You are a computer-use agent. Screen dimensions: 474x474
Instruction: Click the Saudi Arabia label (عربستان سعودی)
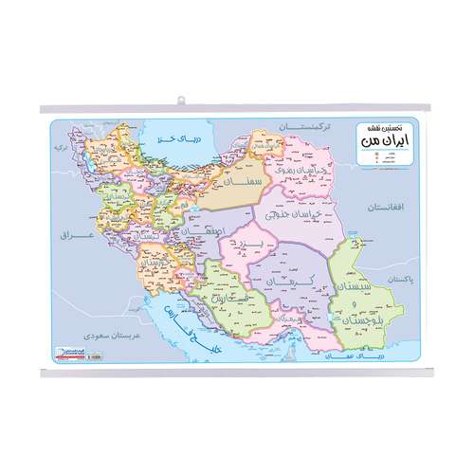[x=106, y=334]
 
